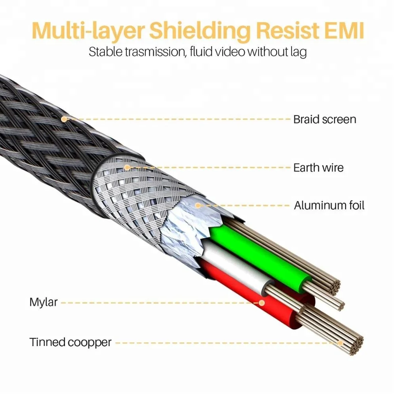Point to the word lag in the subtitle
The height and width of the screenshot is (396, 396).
click(298, 52)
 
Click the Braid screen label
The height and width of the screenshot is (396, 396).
click(324, 119)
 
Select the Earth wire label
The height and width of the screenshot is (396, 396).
click(318, 168)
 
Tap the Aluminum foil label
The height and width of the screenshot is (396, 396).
click(329, 206)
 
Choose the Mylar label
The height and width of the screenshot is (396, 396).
click(44, 303)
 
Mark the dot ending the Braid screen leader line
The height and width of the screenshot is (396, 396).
click(64, 118)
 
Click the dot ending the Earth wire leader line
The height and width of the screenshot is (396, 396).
click(127, 168)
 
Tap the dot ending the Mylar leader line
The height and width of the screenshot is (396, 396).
click(261, 303)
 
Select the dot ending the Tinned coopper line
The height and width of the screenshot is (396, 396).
click(340, 343)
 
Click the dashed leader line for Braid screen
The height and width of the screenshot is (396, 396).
click(178, 119)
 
